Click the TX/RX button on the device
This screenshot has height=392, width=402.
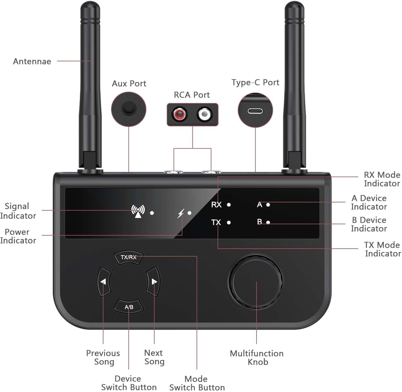click(128, 257)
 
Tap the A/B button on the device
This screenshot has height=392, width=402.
click(129, 307)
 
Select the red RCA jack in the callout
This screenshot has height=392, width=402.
click(180, 114)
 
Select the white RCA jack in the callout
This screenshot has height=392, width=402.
click(204, 114)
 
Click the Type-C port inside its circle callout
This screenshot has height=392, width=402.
click(255, 111)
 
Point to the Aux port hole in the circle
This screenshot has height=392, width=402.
click(129, 108)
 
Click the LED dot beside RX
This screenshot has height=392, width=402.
click(229, 205)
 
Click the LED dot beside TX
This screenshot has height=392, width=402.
click(229, 223)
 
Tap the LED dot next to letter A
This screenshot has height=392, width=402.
click(268, 205)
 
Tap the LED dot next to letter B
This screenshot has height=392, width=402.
click(268, 223)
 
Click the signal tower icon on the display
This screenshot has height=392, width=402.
click(138, 211)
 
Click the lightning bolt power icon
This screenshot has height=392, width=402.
click(181, 213)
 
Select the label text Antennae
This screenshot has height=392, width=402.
click(32, 61)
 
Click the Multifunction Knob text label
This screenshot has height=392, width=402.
click(257, 357)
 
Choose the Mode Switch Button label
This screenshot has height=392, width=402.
click(197, 383)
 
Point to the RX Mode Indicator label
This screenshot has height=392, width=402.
click(382, 179)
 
